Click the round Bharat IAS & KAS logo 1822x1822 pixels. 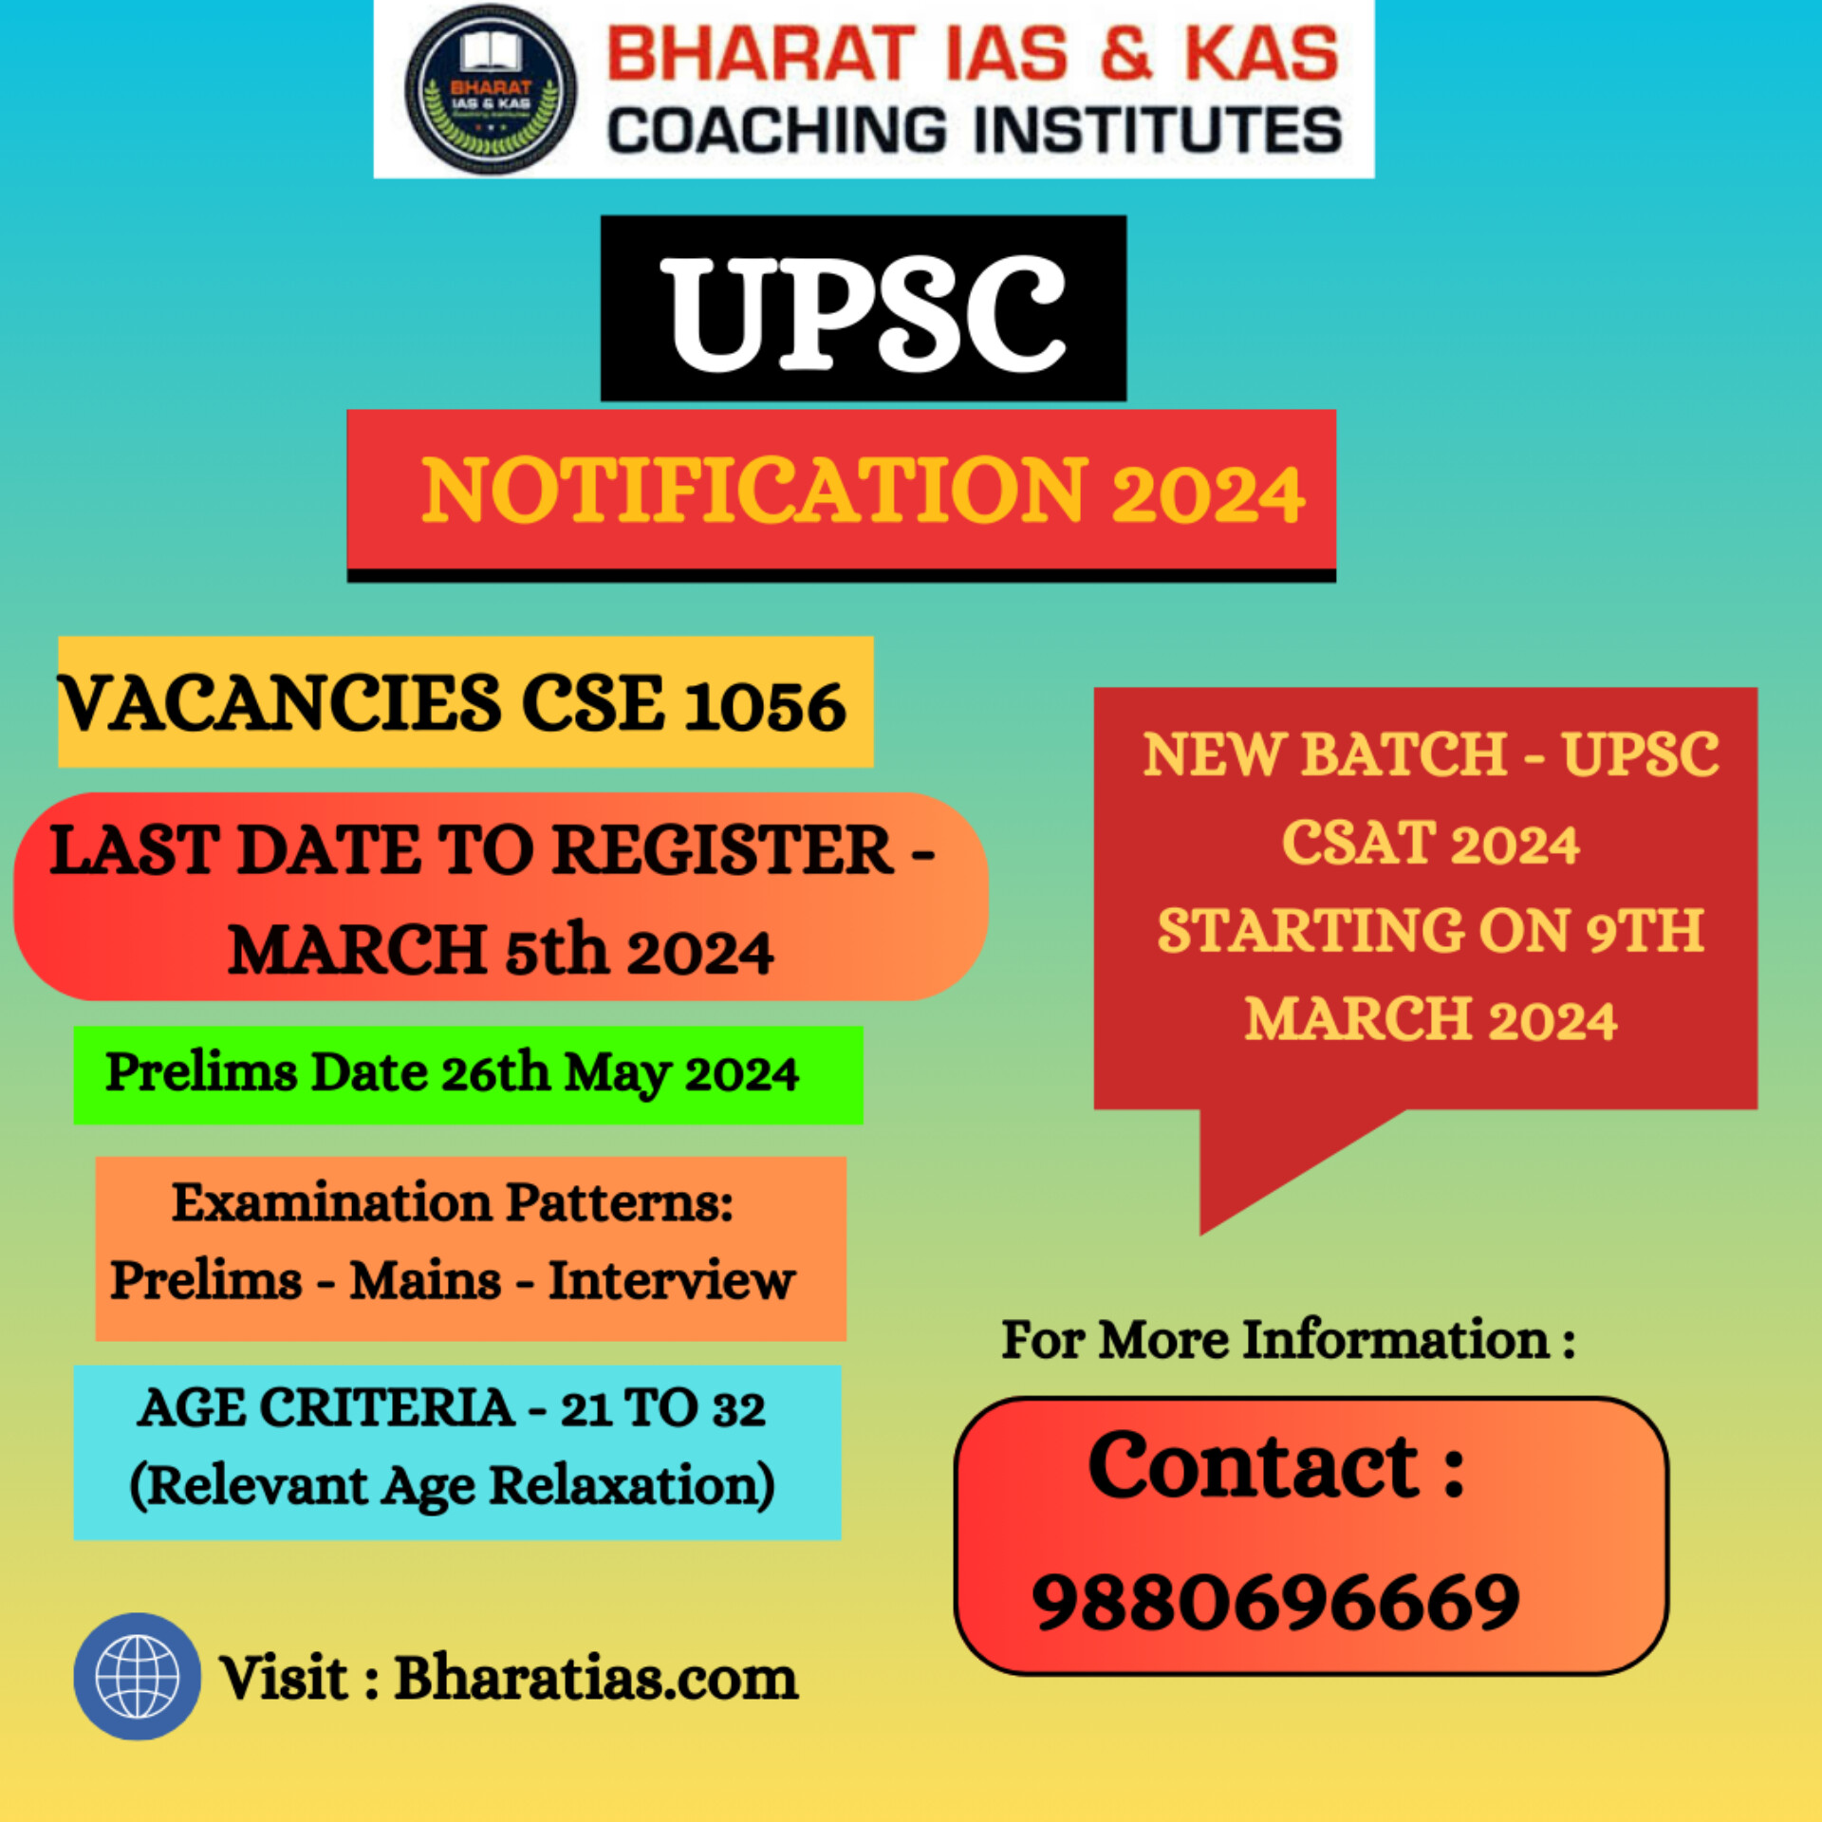point(490,89)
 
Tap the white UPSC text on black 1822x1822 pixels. point(864,314)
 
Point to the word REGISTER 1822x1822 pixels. point(723,849)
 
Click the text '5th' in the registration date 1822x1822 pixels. point(556,950)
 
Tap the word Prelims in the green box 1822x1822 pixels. point(201,1072)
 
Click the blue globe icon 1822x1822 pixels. point(138,1677)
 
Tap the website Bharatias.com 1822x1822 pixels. point(596,1678)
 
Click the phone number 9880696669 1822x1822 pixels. point(1275,1603)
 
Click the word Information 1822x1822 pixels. point(1396,1340)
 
